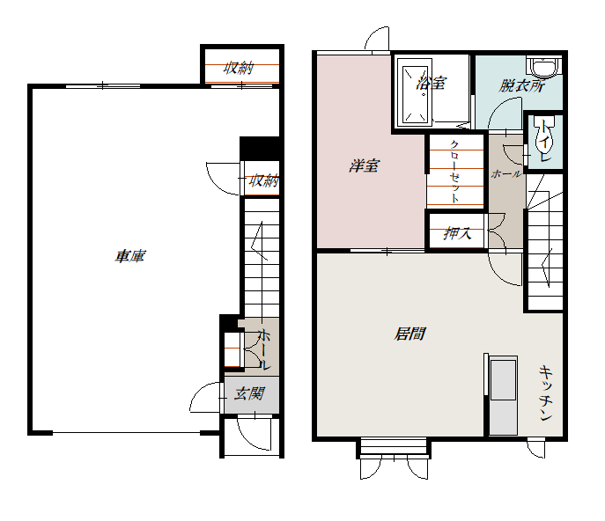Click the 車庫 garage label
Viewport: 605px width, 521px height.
130,256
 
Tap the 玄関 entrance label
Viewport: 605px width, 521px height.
249,393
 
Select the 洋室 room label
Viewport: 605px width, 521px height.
364,165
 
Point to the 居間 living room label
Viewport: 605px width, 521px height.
409,334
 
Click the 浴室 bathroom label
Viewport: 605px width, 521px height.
432,83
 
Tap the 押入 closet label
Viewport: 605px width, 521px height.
457,233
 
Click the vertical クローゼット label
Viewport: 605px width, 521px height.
454,172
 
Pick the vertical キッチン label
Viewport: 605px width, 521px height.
546,393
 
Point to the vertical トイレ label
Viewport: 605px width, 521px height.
544,141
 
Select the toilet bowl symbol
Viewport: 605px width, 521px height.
544,134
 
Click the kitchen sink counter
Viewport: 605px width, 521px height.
502,396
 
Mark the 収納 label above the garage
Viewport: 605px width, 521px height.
239,69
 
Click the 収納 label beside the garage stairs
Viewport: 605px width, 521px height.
264,180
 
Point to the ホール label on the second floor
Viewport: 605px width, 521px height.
506,174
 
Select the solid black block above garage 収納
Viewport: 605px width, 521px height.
259,149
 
